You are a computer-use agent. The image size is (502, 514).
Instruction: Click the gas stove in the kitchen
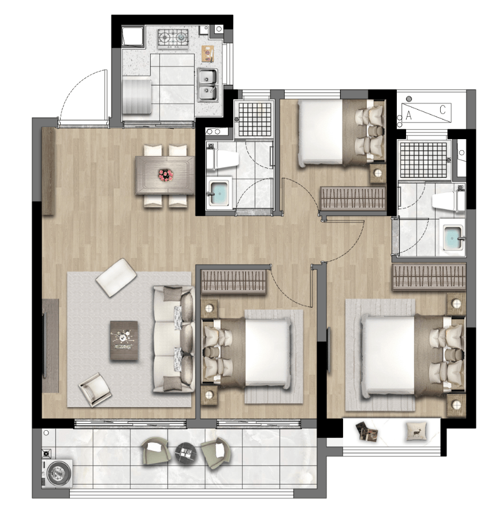[173, 38]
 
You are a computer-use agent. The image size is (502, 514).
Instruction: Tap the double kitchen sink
[207, 84]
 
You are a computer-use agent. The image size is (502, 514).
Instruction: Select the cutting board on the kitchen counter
[207, 53]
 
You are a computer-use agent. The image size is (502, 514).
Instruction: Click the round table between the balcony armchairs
[185, 453]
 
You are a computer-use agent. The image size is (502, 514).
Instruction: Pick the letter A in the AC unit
[408, 116]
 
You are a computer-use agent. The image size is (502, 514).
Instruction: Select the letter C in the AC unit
[442, 110]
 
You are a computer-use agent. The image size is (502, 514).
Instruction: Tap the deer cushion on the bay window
[417, 431]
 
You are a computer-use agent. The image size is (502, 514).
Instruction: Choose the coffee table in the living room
[124, 341]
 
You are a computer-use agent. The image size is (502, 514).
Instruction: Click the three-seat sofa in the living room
[173, 339]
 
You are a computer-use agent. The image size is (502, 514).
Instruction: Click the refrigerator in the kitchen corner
[132, 37]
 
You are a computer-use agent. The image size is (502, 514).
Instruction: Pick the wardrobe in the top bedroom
[352, 198]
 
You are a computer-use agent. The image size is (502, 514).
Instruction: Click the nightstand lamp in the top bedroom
[378, 173]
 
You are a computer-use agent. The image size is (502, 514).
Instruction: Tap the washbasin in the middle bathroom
[220, 193]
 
